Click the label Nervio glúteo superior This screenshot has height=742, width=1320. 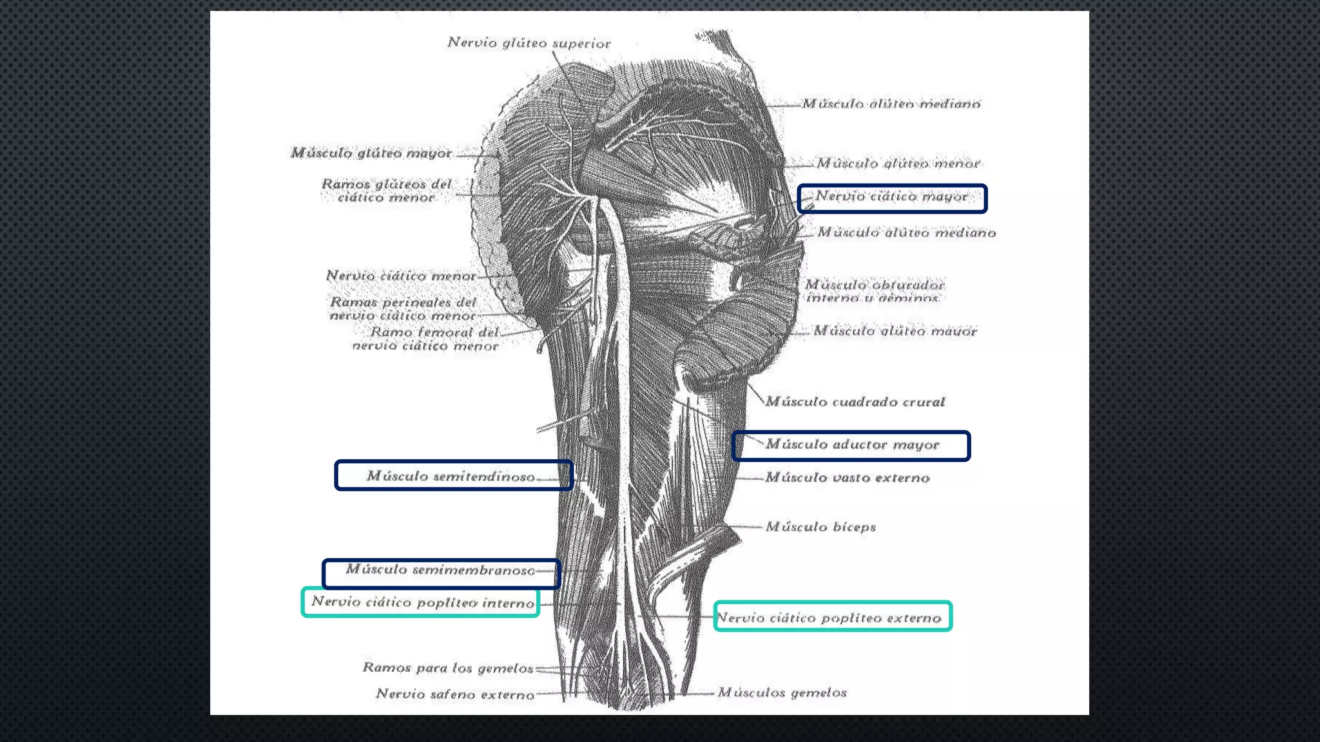pyautogui.click(x=529, y=43)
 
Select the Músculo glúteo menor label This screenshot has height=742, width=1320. pyautogui.click(x=898, y=164)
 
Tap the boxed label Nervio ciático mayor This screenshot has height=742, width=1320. pyautogui.click(x=891, y=197)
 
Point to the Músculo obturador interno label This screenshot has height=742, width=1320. pyautogui.click(x=874, y=291)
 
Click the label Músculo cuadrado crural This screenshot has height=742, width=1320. pyautogui.click(x=855, y=402)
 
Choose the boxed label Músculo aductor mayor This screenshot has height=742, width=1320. pyautogui.click(x=852, y=445)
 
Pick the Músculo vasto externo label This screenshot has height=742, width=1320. pyautogui.click(x=847, y=478)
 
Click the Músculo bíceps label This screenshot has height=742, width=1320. pyautogui.click(x=820, y=527)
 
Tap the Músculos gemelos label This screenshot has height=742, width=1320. pyautogui.click(x=782, y=693)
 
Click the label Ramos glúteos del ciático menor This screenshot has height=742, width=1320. pyautogui.click(x=387, y=191)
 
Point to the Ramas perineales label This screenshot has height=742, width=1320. pyautogui.click(x=403, y=309)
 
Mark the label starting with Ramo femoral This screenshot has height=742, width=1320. pyautogui.click(x=425, y=339)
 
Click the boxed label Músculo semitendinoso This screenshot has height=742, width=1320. pyautogui.click(x=451, y=477)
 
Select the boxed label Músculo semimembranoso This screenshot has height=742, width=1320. pyautogui.click(x=440, y=570)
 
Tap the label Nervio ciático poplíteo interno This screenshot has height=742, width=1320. pyautogui.click(x=423, y=603)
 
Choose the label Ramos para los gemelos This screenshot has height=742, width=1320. pyautogui.click(x=448, y=668)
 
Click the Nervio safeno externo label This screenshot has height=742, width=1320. pyautogui.click(x=455, y=694)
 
